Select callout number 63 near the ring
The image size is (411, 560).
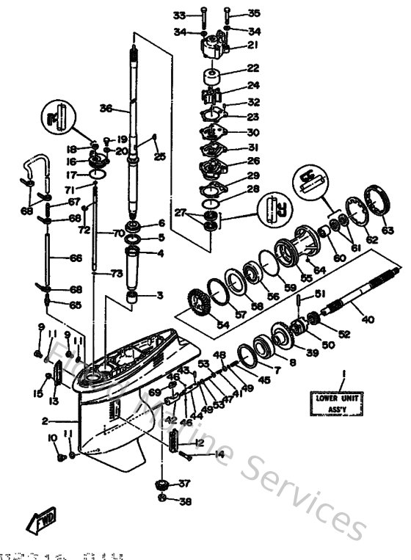coord(388,230)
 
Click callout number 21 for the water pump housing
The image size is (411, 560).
coord(252,46)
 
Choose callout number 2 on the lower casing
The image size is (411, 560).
coord(45,421)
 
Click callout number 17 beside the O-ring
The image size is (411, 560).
coord(72,175)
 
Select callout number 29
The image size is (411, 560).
coord(252,176)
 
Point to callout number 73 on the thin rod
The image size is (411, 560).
coord(116,273)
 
